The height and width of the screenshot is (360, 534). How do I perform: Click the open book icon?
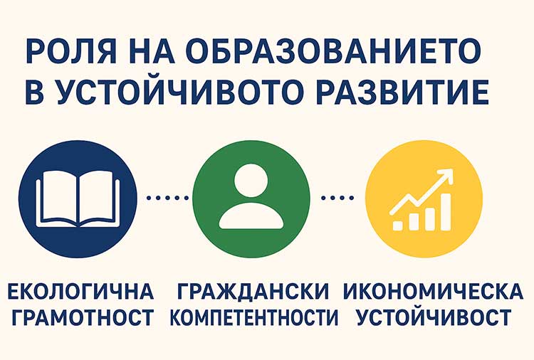78,198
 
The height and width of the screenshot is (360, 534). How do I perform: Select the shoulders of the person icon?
251,217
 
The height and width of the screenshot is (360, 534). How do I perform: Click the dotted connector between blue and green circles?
164,198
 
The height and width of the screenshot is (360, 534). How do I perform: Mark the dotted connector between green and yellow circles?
338,198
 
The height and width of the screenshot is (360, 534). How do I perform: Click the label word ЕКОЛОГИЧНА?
80,291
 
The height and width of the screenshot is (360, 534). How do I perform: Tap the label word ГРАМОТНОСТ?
80,317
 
